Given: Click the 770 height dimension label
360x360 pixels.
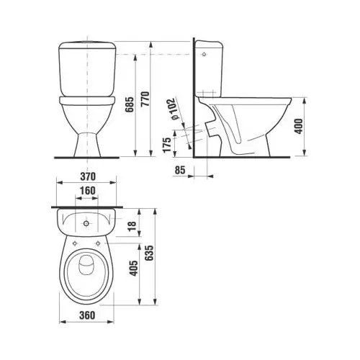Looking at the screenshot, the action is coord(145,99).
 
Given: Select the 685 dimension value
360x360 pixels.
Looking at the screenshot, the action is coord(130,104).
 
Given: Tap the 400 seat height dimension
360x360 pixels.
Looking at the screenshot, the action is coord(299,126).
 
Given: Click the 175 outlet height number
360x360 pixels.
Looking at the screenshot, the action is coord(167,145).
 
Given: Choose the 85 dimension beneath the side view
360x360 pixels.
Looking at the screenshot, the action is coord(180,170).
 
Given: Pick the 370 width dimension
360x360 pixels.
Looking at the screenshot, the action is coord(88,176).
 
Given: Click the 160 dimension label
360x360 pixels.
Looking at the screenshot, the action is coord(88,191).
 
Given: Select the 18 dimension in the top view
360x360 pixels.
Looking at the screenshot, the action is coord(132,226).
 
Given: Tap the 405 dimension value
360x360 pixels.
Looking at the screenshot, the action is coord(134,268).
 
